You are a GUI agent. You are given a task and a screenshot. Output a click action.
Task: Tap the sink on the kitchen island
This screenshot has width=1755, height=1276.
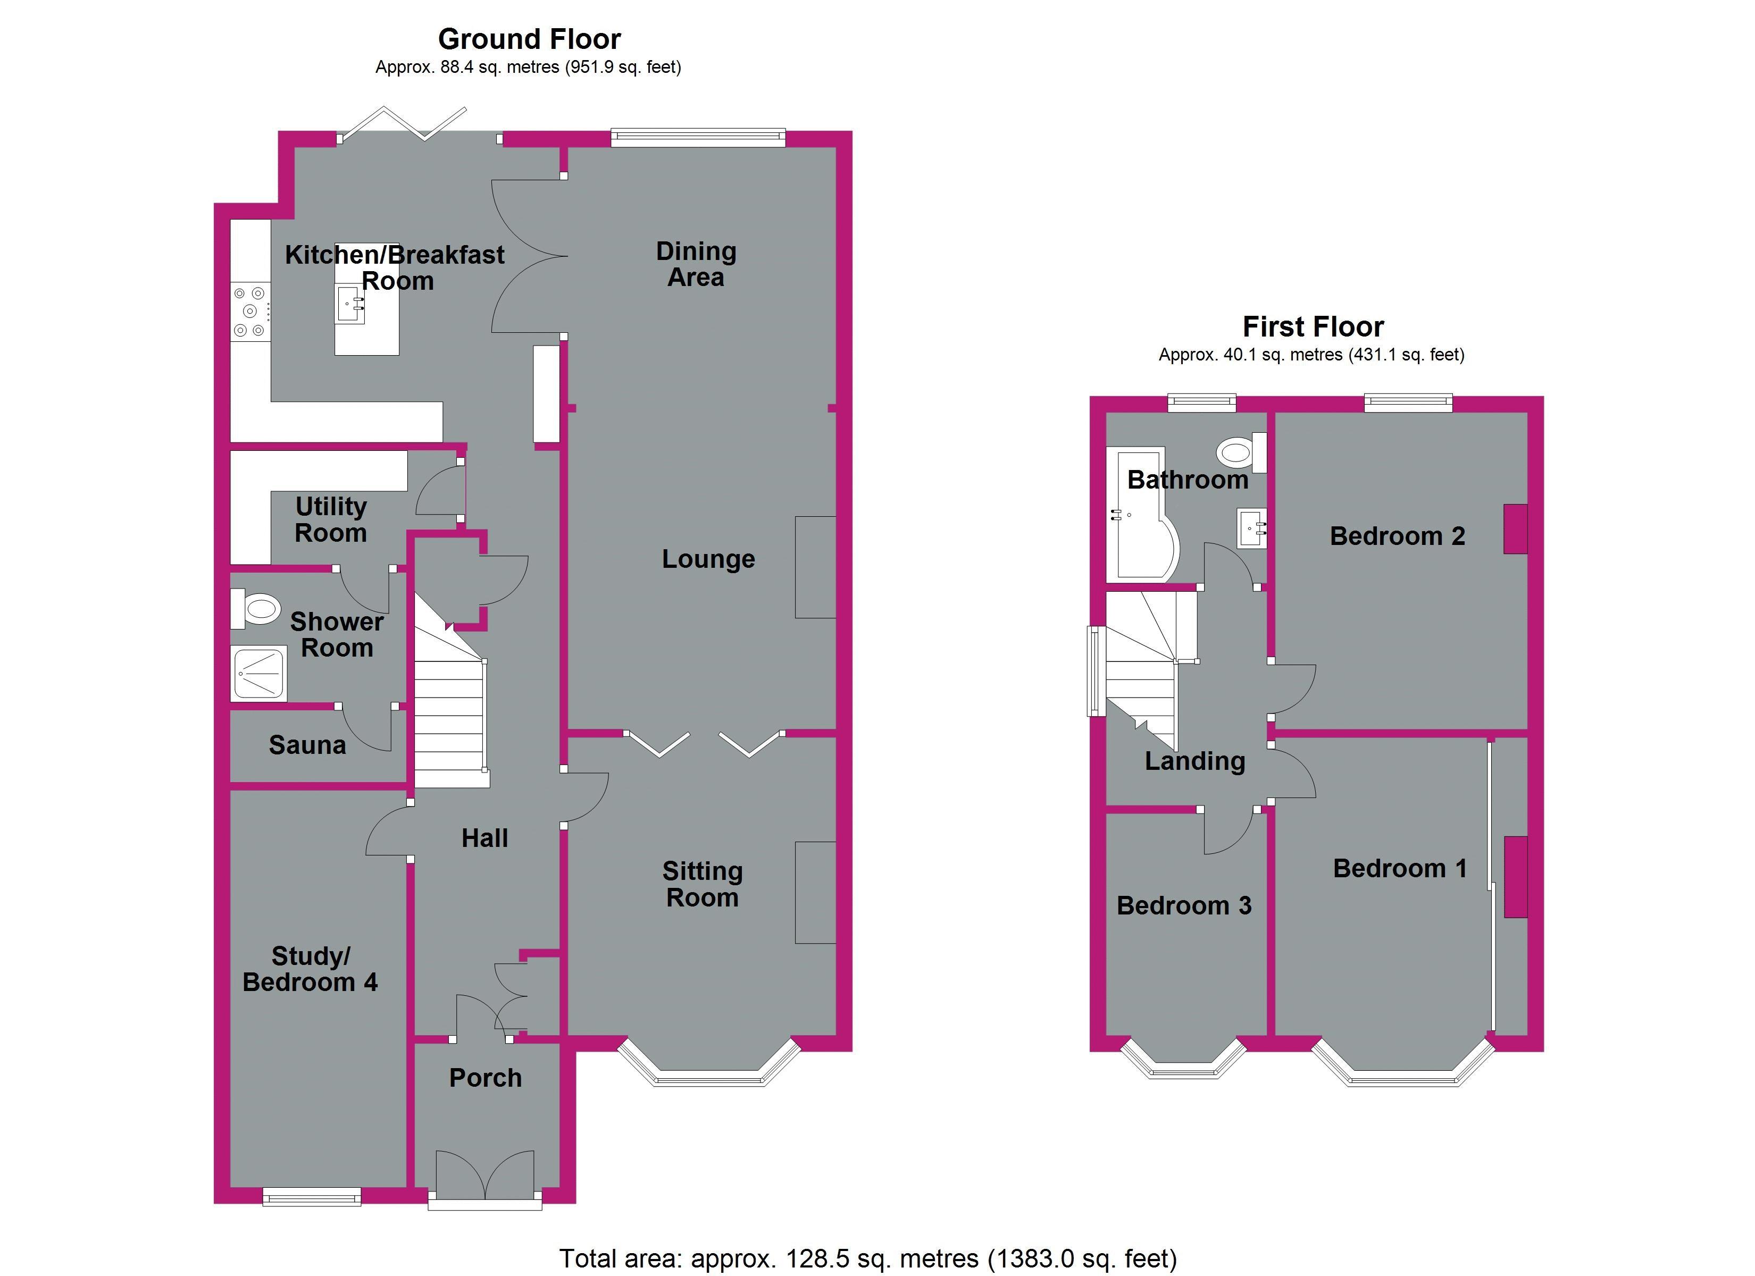[x=350, y=303]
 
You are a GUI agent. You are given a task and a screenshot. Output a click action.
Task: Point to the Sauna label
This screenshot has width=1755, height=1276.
[x=307, y=745]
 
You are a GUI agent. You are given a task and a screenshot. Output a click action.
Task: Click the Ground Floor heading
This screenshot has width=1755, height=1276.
[x=529, y=39]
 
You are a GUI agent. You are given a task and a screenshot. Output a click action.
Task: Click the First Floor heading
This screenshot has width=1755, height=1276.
[x=1313, y=326]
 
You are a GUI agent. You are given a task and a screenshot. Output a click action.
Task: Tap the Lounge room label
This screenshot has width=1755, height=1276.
[x=708, y=559]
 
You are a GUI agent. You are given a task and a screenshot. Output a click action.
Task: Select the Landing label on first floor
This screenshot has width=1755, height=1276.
[x=1195, y=761]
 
